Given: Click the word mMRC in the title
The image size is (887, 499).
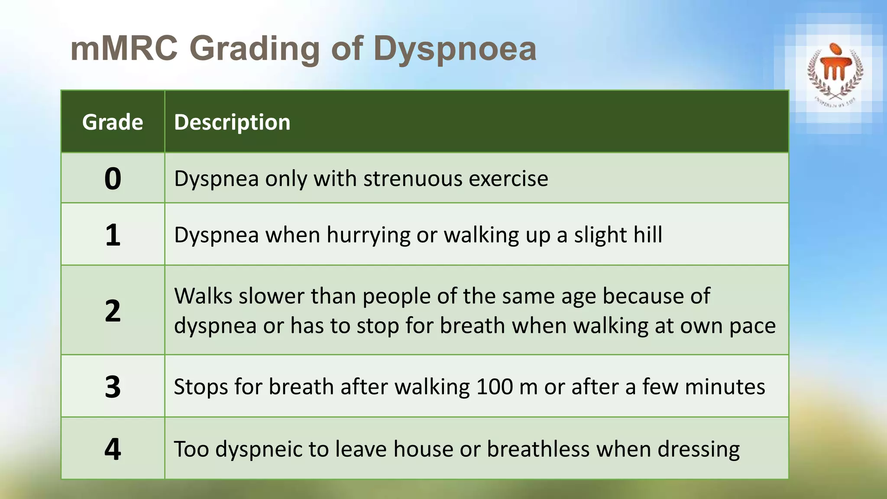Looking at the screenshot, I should coord(124,48).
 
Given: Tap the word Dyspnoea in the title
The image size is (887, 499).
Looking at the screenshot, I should coord(455,49).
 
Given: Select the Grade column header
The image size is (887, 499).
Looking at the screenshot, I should coord(113,122).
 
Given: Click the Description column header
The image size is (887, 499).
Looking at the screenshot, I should coord(232,122).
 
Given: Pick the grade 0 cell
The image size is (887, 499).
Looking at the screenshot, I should coord(113,178).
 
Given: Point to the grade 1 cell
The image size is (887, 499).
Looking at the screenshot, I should coord(113,235).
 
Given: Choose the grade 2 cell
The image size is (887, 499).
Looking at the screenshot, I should coord(113,311).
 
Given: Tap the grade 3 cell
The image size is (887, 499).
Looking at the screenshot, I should coord(113,386).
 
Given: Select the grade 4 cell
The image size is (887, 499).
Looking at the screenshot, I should coord(113,449).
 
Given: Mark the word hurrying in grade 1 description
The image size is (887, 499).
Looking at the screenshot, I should coord(368,235).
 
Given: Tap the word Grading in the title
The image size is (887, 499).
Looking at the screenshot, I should coord(254,49).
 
